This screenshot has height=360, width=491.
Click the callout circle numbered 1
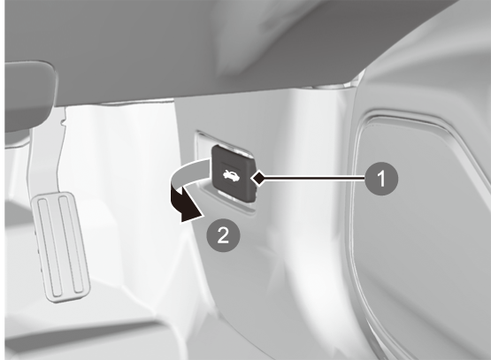tap(381, 179)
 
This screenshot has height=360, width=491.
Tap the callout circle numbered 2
tap(223, 234)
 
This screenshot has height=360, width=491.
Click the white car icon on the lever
tap(231, 176)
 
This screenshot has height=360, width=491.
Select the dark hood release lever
tap(234, 174)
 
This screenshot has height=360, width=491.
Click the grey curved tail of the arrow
tap(188, 172)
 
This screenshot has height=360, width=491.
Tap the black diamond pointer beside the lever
tap(258, 179)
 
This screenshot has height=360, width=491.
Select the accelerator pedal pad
tap(61, 248)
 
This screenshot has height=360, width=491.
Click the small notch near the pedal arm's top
tap(63, 121)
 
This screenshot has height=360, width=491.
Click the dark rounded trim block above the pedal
tap(29, 94)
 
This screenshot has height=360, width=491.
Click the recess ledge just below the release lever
tap(228, 202)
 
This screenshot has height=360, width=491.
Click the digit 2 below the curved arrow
tap(223, 234)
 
